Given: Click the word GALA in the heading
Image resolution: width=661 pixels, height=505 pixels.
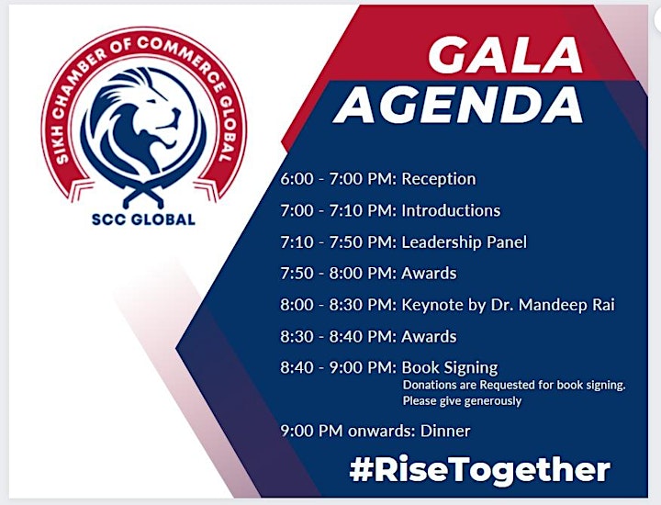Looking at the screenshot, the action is point(505,55).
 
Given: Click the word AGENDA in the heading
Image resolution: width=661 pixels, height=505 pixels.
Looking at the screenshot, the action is point(458,105).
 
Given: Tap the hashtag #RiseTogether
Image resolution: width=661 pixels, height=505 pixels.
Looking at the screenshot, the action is point(480,469).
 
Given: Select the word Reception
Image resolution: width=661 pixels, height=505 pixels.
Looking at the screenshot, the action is point(439,179).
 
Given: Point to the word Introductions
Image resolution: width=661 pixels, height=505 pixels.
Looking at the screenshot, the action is point(451,210).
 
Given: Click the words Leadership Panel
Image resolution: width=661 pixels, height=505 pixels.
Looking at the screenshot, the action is point(465,242).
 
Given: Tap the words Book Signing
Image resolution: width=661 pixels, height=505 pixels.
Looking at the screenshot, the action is point(449,368).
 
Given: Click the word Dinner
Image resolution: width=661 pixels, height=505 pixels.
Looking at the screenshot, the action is point(445,431).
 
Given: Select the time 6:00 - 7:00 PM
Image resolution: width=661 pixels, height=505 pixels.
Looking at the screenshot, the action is point(338,179).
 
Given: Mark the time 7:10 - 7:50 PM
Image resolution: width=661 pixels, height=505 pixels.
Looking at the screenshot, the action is point(338,242).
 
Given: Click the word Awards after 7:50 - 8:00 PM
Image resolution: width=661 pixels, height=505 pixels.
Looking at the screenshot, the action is point(429,273).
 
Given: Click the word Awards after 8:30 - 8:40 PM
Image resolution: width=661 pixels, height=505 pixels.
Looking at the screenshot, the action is point(429,336).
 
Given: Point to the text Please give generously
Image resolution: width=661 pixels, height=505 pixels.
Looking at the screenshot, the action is point(462,400).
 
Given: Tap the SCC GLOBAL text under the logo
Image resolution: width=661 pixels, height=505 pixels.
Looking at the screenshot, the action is point(143,219).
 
